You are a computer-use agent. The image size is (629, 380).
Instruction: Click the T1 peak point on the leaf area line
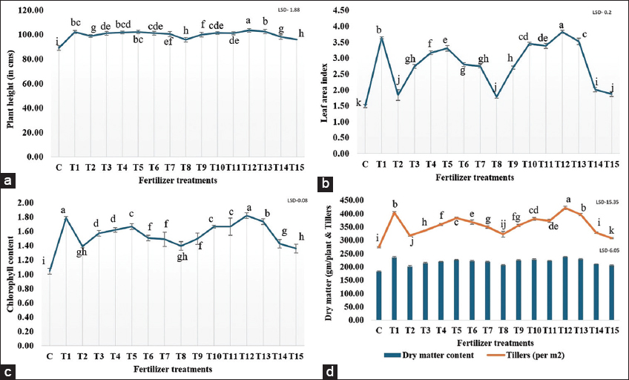coord(381,39)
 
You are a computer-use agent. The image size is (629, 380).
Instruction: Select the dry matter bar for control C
coord(379,295)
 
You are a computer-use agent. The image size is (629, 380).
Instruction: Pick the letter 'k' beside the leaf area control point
coord(358,103)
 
